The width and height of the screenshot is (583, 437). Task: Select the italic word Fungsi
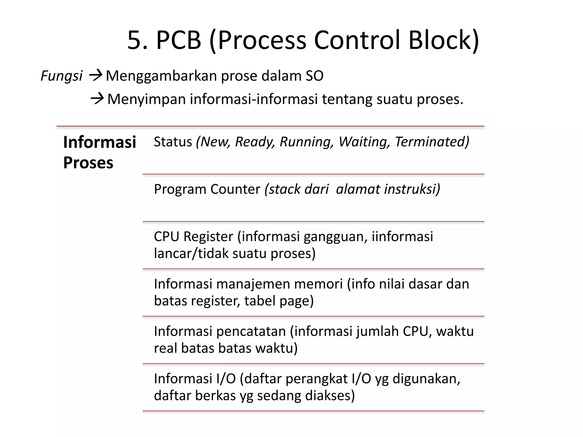pos(61,76)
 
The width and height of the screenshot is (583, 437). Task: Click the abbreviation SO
pos(315,76)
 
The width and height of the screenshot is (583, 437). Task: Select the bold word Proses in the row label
pos(88,163)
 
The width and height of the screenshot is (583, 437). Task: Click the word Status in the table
pos(173,142)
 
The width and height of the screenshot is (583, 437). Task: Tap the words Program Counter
pos(207,189)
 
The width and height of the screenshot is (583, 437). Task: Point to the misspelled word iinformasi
pos(402,236)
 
